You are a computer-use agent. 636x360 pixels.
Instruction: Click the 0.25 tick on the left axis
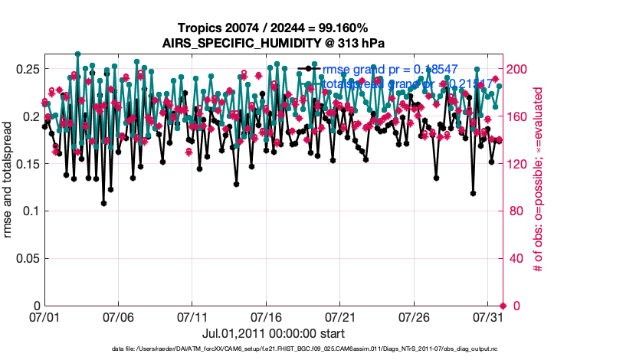pos(28,69)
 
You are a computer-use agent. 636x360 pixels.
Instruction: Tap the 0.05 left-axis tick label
pos(28,259)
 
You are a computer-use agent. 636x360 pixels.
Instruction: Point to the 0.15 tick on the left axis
pos(28,164)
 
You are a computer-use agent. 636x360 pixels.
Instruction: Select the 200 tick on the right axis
pos(518,69)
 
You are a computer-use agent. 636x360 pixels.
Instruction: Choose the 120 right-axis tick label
pos(518,164)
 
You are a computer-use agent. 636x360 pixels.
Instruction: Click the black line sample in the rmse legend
pos(308,68)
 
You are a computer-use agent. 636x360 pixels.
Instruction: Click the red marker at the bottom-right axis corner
pos(503,306)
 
